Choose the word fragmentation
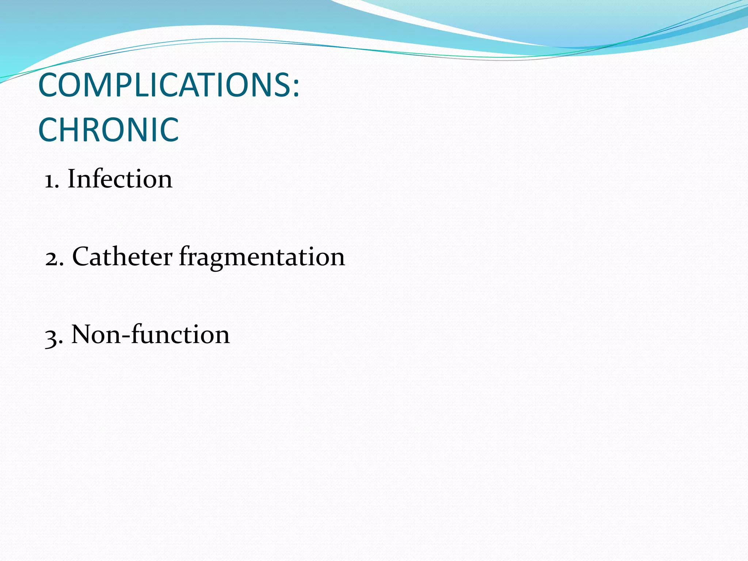[262, 257]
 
